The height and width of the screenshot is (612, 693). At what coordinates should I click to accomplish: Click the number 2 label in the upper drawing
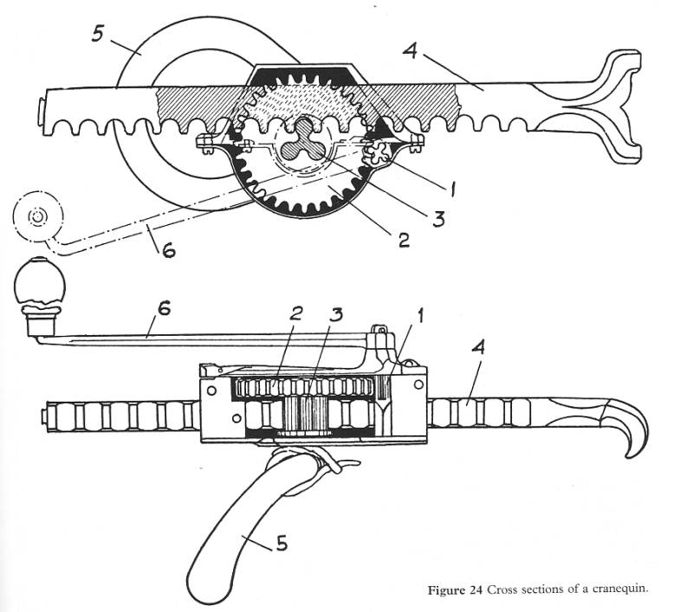pos(404,240)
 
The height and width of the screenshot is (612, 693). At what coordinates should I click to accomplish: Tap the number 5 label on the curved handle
pos(282,545)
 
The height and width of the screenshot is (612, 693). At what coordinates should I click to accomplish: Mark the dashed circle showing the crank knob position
pos(37,216)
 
